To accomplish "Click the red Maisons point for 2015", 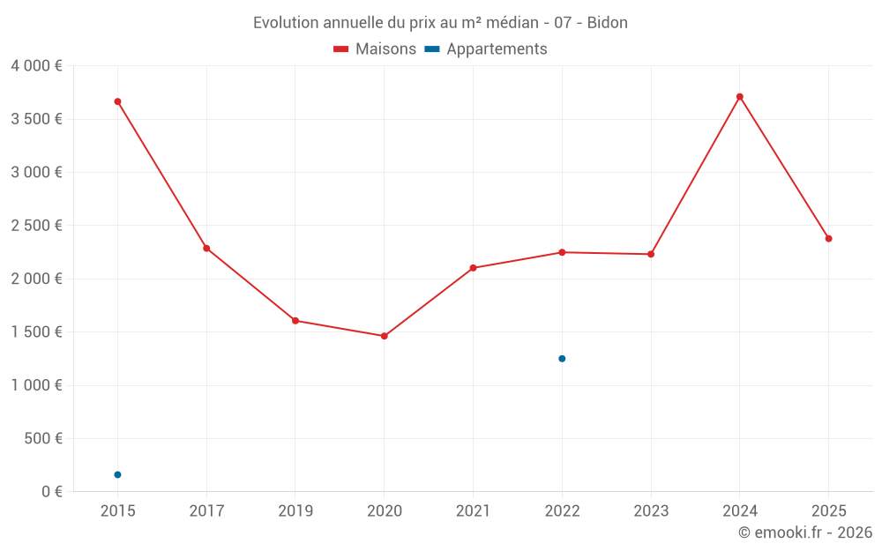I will tap(117, 101).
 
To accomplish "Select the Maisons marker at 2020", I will tap(384, 336).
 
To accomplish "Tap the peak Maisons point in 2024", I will tap(740, 97).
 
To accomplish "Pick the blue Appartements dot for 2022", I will tap(562, 359).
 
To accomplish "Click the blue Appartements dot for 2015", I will tap(117, 475).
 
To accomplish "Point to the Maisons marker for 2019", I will tap(295, 321).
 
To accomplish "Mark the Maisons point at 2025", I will tap(828, 239).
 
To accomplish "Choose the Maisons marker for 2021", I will tap(473, 268).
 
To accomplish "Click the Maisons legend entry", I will tap(375, 49).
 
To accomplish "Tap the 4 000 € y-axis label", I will tap(36, 66).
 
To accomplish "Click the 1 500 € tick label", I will tap(36, 332).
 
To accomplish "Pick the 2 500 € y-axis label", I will tap(36, 226).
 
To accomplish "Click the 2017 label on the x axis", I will tap(206, 510).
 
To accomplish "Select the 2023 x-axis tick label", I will tap(651, 510).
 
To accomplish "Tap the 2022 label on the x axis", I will tap(562, 510).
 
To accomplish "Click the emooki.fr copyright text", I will tap(804, 532).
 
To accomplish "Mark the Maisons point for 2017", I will tap(206, 249).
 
